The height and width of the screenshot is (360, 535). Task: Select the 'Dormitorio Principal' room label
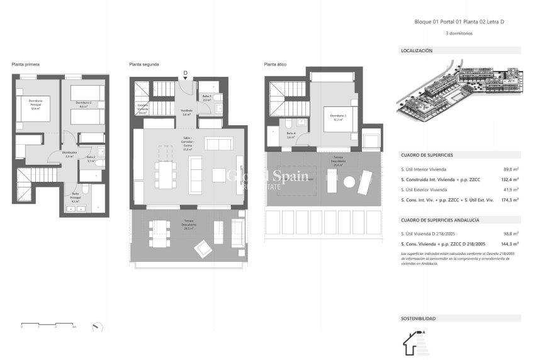[30, 106]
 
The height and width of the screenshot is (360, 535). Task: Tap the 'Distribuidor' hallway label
[69, 154]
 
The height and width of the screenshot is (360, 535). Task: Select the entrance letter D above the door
[185, 73]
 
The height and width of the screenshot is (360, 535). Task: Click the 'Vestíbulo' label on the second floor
[186, 113]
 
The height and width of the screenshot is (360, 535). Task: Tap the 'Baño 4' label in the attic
[291, 134]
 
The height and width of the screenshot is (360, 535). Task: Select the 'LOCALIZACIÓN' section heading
[417, 50]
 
